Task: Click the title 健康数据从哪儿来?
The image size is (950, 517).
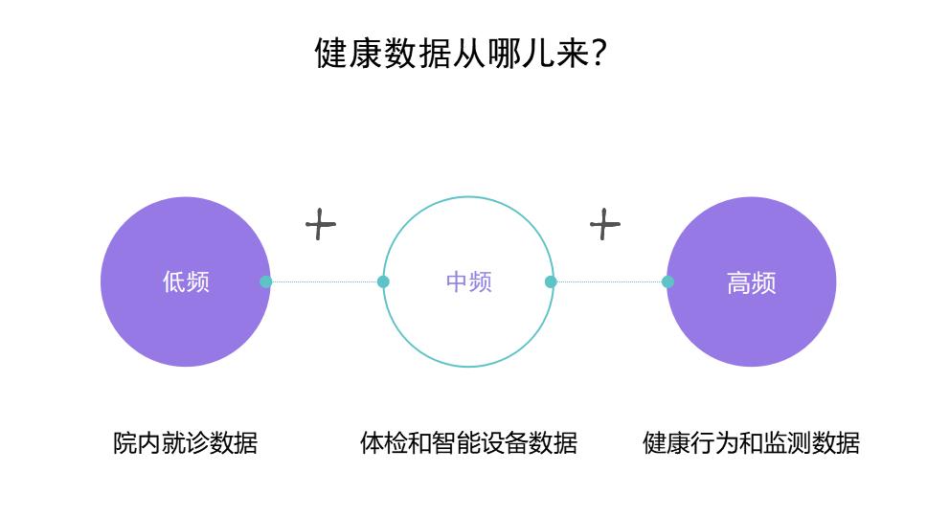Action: pos(461,54)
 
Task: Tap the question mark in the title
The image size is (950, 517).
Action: pos(598,54)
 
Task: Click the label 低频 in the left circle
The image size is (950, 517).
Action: pos(186,282)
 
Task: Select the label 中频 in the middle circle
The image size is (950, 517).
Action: pos(468,282)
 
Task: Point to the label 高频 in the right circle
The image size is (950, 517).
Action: pos(751,283)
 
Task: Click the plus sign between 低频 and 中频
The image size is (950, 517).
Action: pos(320,225)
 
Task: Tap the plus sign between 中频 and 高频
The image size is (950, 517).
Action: pos(604,225)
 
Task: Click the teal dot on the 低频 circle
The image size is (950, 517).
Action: pos(266,281)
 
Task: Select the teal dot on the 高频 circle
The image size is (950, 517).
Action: pos(667,281)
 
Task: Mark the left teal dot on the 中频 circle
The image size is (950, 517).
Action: pos(383,281)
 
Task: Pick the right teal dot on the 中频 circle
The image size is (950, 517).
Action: pos(551,281)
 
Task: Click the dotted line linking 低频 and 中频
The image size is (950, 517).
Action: pos(324,281)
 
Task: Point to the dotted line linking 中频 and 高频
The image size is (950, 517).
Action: pos(609,281)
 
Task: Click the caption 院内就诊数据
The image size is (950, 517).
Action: pos(186,443)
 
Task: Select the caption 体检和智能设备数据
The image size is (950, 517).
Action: pos(468,443)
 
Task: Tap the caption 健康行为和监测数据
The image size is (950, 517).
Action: pos(751,443)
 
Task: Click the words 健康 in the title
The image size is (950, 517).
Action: pos(348,54)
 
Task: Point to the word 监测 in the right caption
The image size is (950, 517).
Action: pos(787,443)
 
